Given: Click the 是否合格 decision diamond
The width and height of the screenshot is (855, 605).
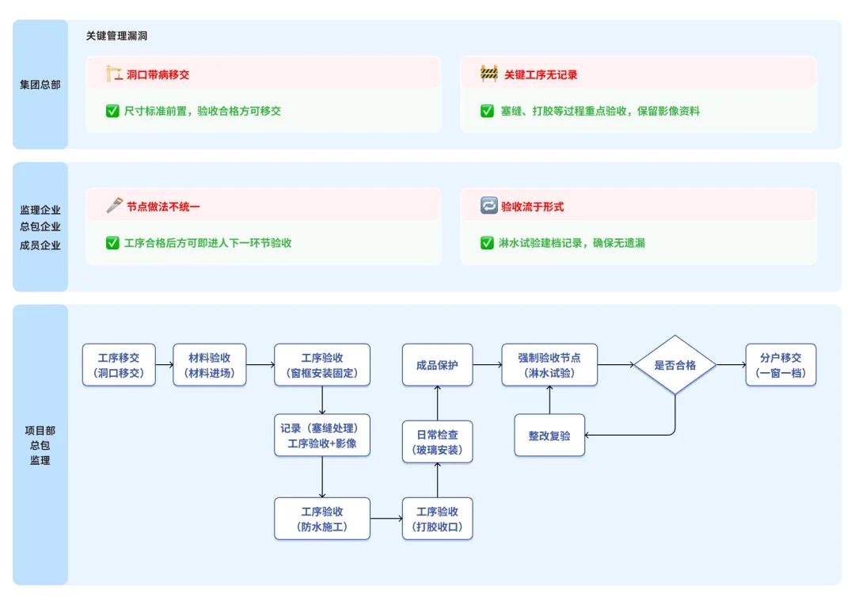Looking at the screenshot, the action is pyautogui.click(x=675, y=364).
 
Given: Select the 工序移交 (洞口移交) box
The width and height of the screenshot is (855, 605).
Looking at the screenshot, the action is pyautogui.click(x=119, y=365).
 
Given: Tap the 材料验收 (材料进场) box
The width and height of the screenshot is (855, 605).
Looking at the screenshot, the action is pyautogui.click(x=209, y=365).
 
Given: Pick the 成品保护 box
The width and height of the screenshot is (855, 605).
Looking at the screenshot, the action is pyautogui.click(x=437, y=365).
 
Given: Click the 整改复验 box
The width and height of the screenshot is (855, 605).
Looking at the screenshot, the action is pyautogui.click(x=549, y=436).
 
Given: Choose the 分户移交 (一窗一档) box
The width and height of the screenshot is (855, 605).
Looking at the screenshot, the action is pyautogui.click(x=781, y=365).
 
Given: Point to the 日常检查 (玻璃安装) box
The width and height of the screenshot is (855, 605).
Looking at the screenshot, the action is pyautogui.click(x=437, y=442).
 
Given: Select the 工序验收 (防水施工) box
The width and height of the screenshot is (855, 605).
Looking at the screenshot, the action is pyautogui.click(x=321, y=519).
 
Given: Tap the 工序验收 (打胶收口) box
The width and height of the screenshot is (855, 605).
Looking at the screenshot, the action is pyautogui.click(x=437, y=519).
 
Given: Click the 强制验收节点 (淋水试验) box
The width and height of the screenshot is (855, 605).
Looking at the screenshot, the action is pyautogui.click(x=549, y=365).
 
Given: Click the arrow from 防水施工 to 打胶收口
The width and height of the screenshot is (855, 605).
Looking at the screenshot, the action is pyautogui.click(x=386, y=518).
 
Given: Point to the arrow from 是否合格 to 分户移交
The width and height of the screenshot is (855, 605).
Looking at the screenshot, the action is pyautogui.click(x=731, y=364).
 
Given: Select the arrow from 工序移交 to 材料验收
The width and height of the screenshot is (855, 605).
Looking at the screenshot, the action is pyautogui.click(x=164, y=364).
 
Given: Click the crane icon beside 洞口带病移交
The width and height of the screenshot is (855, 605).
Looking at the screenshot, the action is pyautogui.click(x=113, y=74).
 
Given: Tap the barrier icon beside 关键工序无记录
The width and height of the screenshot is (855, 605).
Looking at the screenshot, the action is pyautogui.click(x=489, y=74).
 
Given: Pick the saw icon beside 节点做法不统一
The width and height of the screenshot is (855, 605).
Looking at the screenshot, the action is pyautogui.click(x=114, y=205).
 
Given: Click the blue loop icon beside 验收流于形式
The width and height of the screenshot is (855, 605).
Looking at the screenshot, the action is pyautogui.click(x=488, y=205).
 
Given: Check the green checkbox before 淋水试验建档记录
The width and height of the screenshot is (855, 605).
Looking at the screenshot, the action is pyautogui.click(x=487, y=243).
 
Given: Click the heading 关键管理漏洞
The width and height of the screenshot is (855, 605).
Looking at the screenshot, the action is pyautogui.click(x=116, y=36).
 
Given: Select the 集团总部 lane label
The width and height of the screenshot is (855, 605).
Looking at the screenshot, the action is pyautogui.click(x=40, y=85).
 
